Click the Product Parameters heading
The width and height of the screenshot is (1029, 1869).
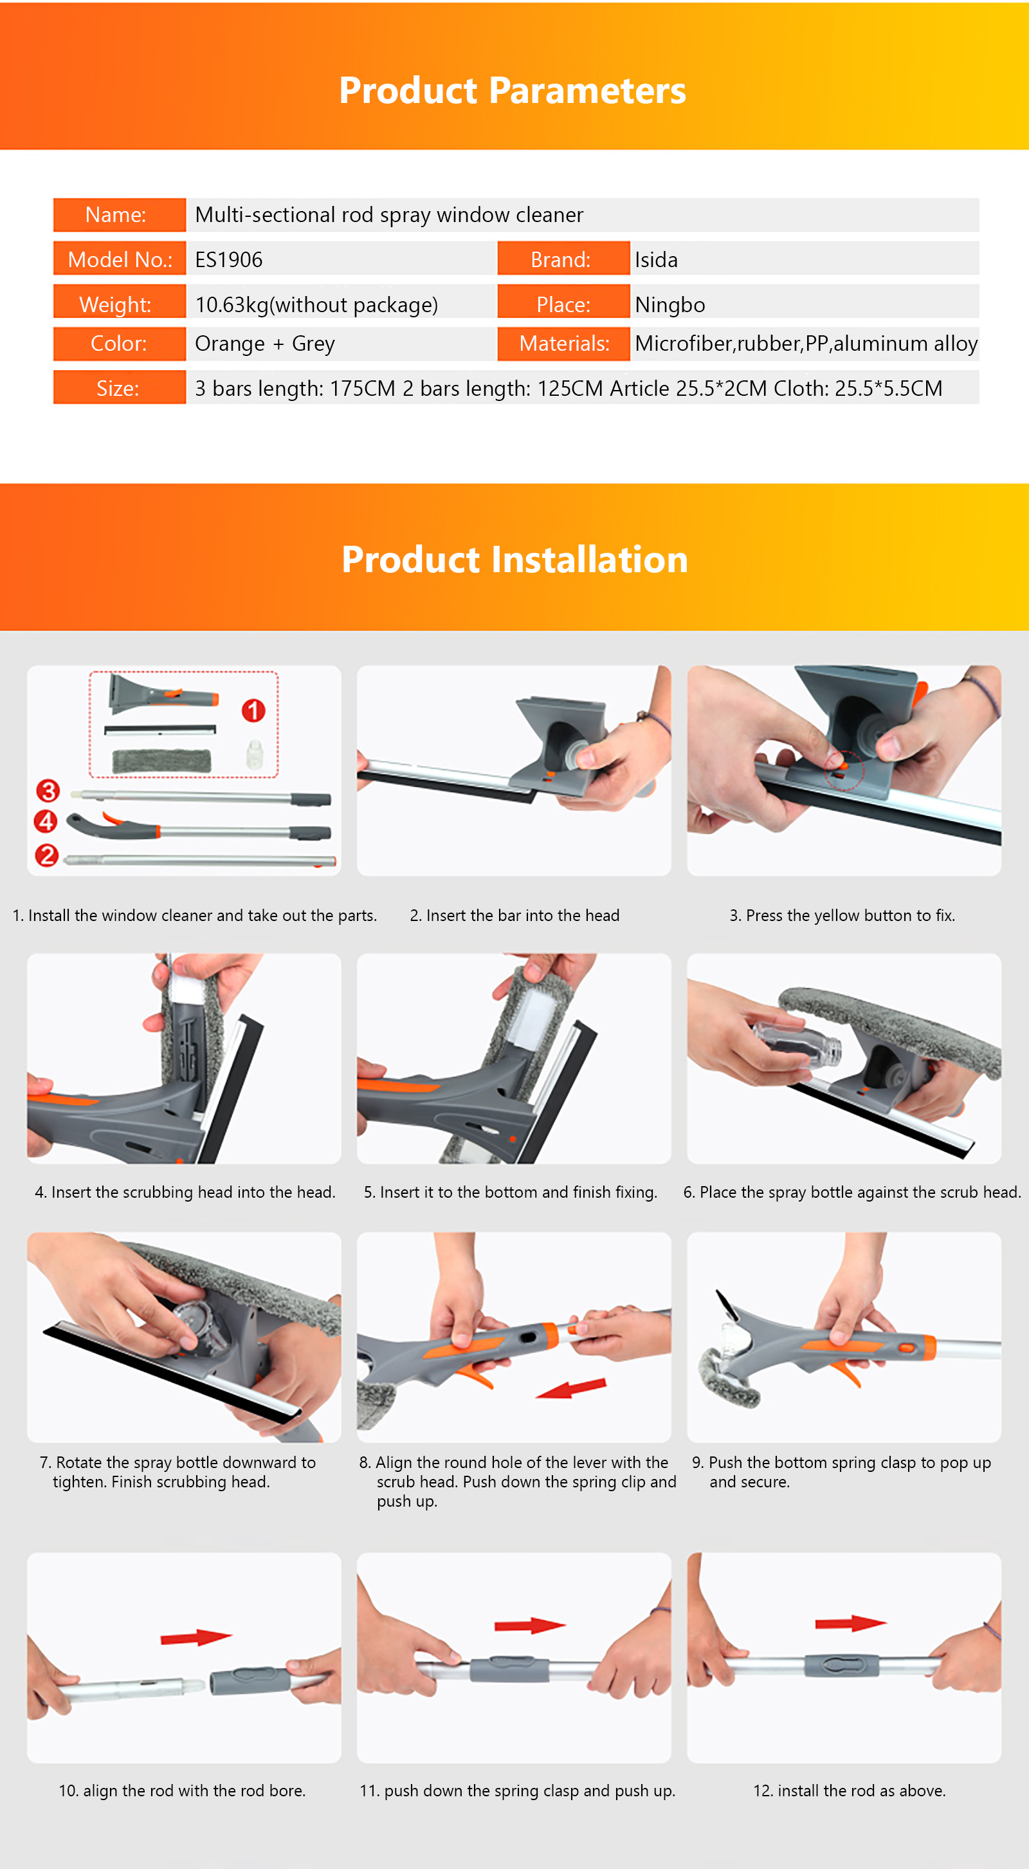point(513,91)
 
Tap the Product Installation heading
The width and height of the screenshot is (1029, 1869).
point(515,559)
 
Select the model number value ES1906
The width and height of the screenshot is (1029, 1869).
point(229,260)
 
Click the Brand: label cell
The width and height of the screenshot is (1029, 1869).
point(563,258)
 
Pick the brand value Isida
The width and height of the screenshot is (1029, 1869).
point(656,260)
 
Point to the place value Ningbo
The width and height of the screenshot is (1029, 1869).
point(670,304)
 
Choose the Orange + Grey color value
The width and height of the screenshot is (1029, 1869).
point(265,343)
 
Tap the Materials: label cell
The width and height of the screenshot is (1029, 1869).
point(563,344)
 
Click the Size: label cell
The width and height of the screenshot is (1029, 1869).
point(120,387)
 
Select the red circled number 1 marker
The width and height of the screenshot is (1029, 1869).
point(253,711)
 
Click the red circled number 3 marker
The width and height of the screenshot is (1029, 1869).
point(48,790)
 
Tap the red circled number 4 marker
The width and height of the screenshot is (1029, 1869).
point(46,821)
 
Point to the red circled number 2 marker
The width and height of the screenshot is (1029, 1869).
point(47,855)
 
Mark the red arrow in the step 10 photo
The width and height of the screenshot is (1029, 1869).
point(196,1637)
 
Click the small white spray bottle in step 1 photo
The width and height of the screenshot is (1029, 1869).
point(253,754)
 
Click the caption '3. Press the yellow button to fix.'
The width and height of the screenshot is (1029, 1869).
point(842,916)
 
